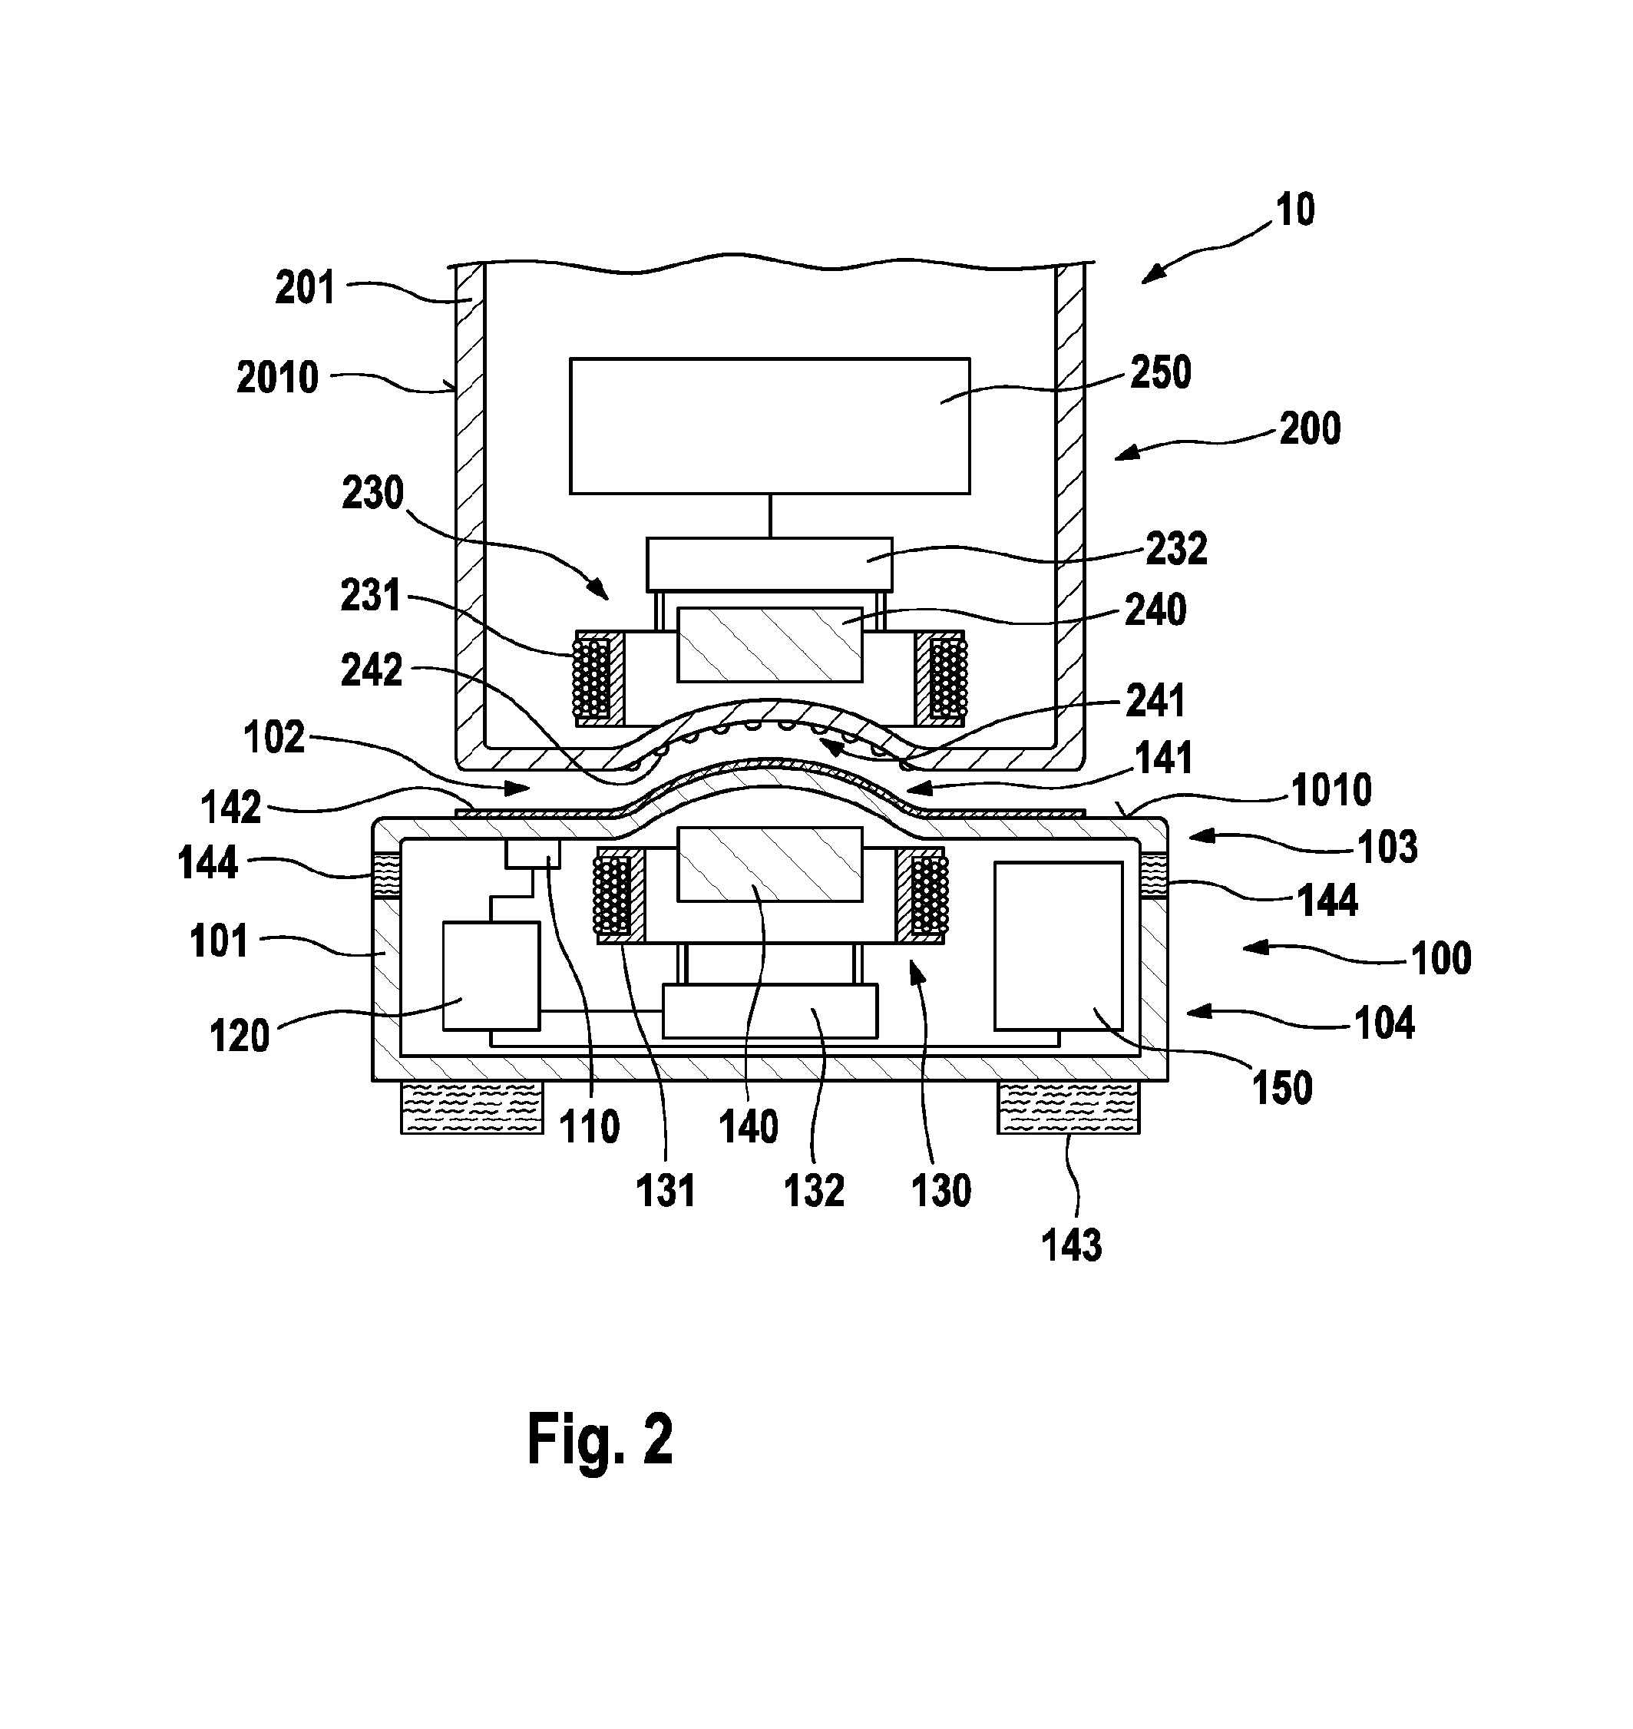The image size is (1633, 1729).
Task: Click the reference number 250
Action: [1160, 372]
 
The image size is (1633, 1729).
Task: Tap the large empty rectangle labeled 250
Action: [769, 425]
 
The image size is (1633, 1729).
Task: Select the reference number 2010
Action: [278, 378]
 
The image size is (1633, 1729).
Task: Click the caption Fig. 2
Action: [600, 1440]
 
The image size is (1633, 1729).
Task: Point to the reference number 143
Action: [1073, 1246]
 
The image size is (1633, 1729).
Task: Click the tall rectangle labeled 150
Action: [1059, 947]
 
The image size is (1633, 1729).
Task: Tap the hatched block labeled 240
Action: [769, 644]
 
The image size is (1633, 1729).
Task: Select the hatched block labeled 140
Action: [769, 864]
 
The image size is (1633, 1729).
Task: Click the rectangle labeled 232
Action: [769, 564]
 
